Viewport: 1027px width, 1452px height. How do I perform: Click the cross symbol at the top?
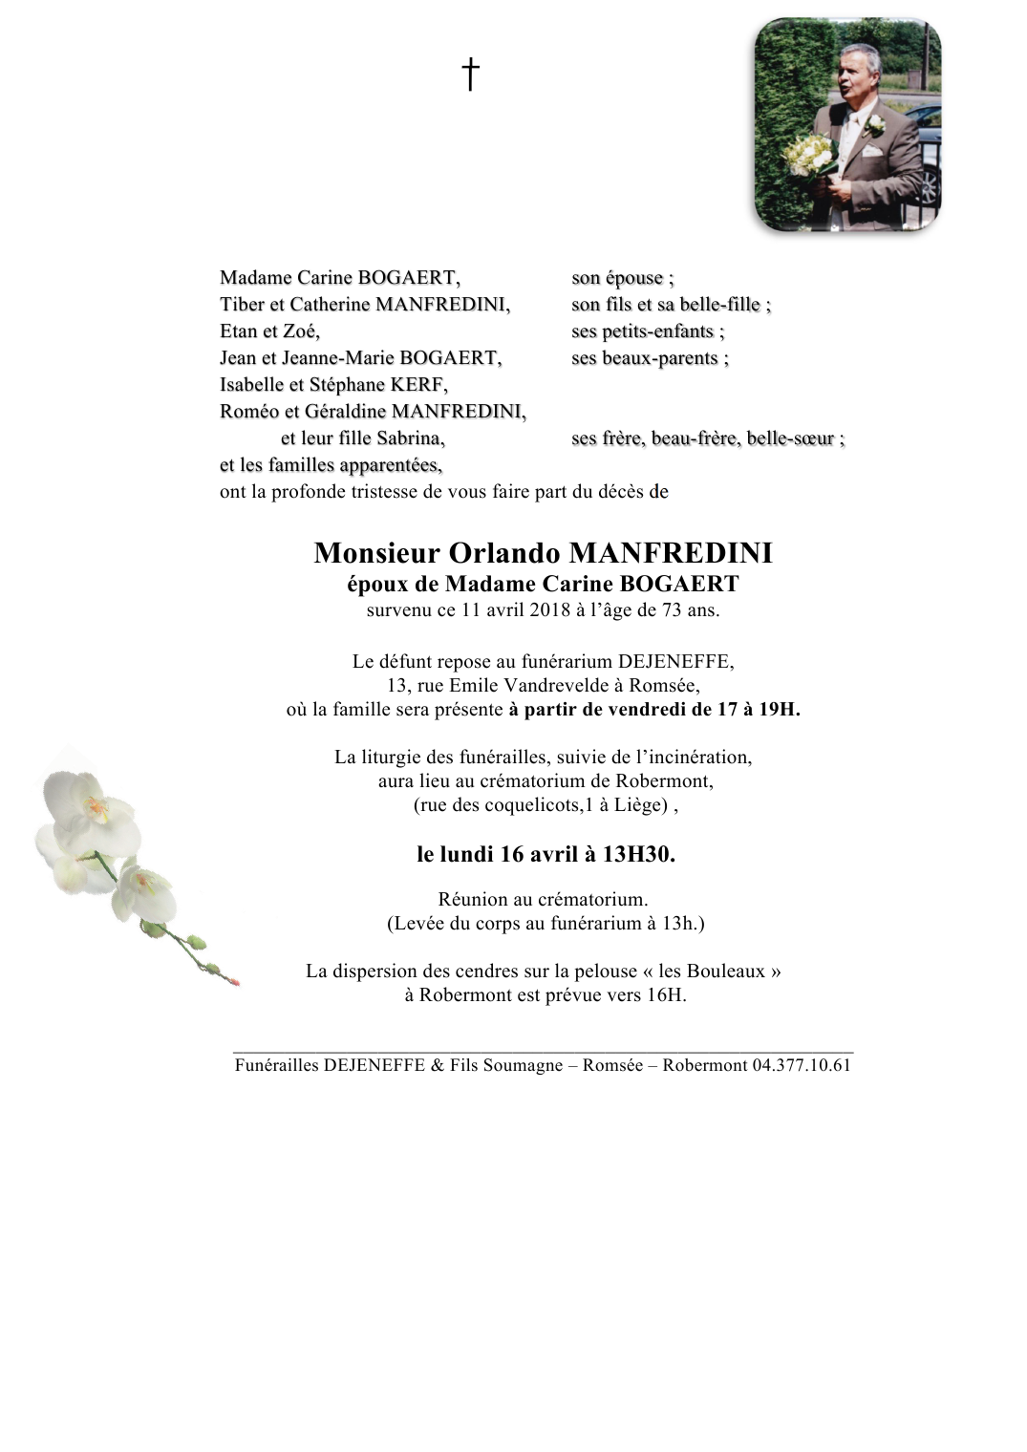(470, 75)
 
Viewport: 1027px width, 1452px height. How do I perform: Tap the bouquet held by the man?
(808, 157)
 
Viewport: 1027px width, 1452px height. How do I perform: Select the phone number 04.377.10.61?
(802, 1065)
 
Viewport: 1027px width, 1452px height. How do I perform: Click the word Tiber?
(242, 305)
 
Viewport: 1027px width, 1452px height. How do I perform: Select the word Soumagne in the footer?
(522, 1065)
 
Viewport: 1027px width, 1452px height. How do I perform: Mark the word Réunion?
(472, 899)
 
